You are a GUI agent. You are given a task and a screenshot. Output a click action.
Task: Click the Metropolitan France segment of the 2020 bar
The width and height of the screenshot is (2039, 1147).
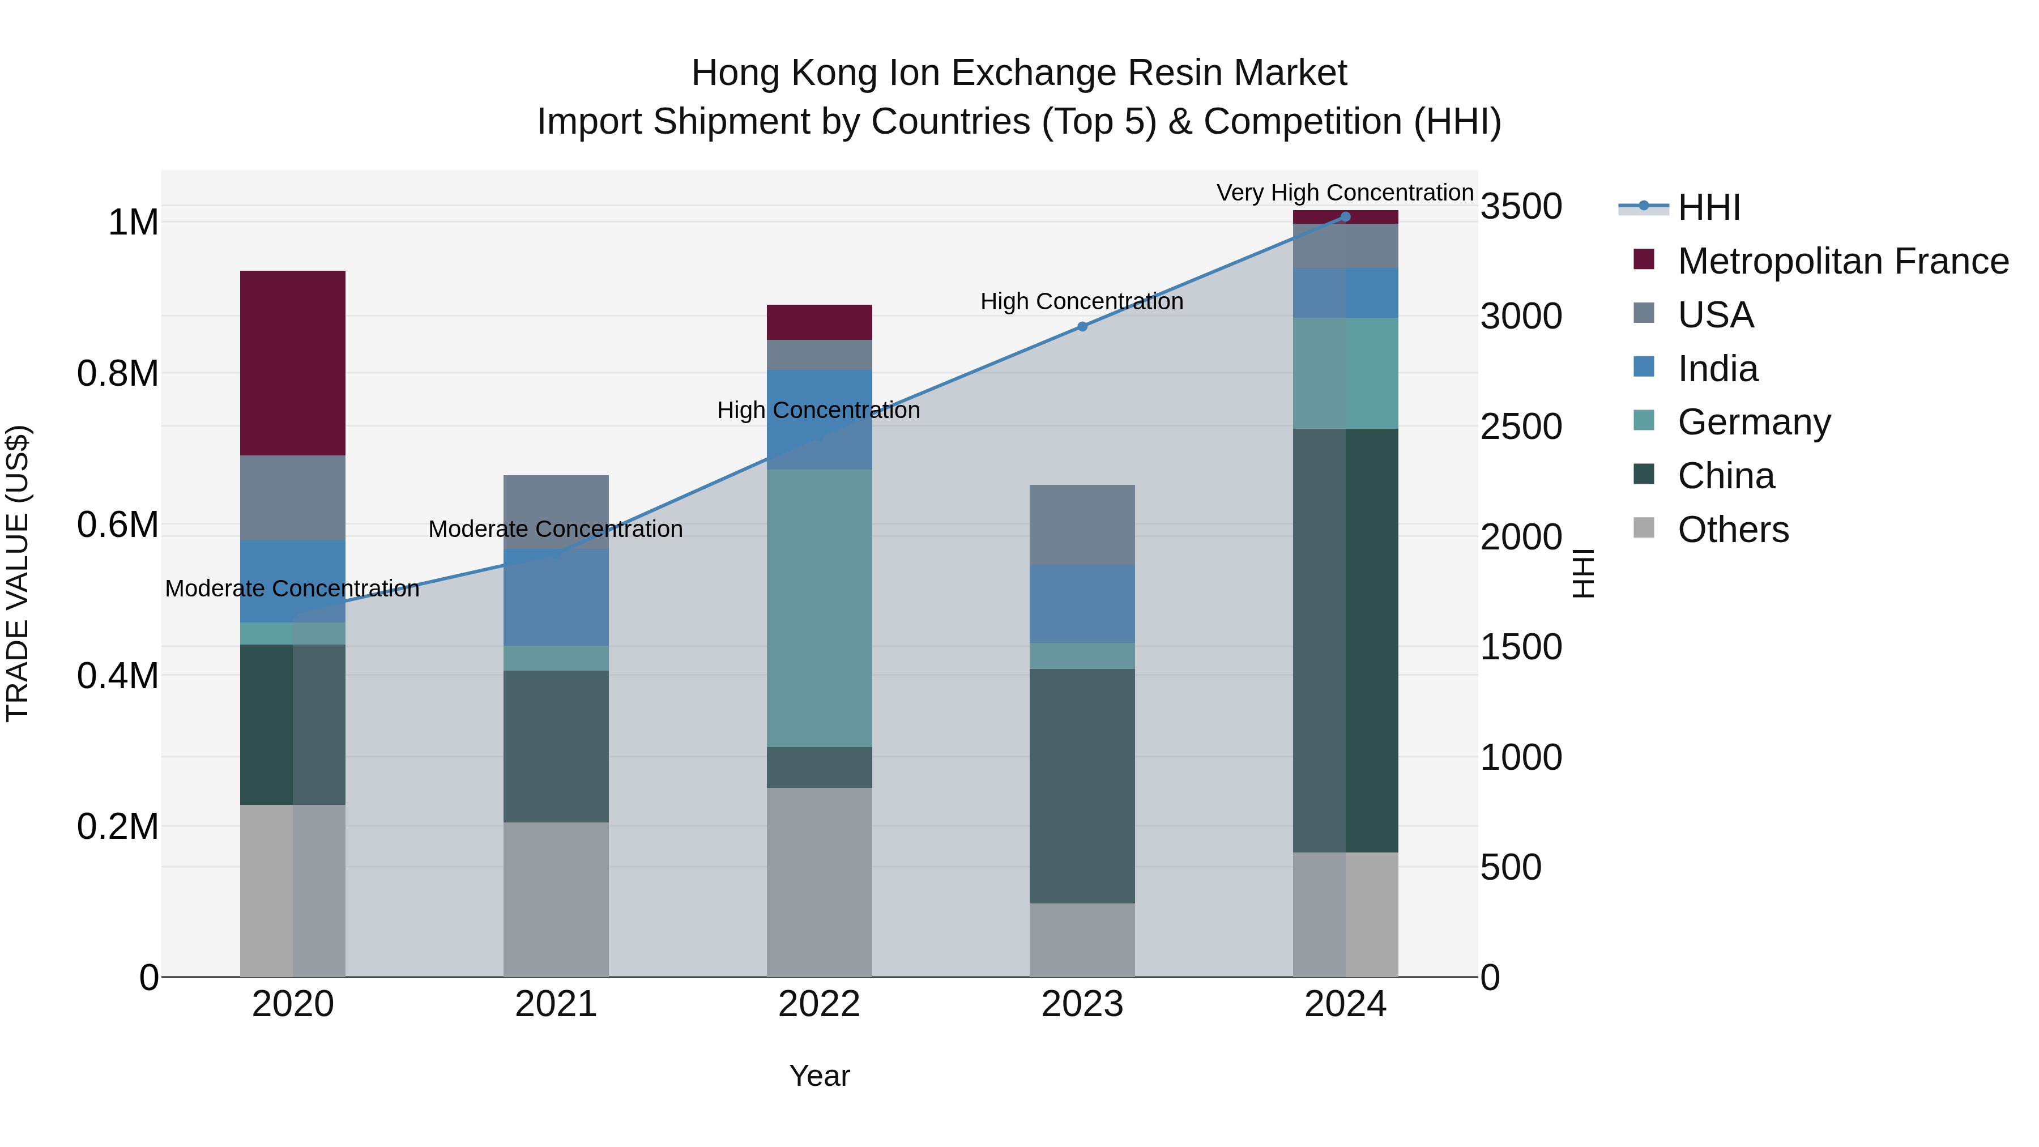[x=293, y=363]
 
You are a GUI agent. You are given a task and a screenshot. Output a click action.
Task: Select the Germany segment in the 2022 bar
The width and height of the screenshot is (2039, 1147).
[x=819, y=608]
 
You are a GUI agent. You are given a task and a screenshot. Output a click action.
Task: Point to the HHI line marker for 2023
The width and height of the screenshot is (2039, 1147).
[x=1082, y=326]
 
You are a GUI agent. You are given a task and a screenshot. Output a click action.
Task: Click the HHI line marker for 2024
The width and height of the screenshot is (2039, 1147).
[x=1345, y=217]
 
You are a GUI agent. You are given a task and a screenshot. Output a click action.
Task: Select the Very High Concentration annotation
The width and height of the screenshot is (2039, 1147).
[x=1344, y=193]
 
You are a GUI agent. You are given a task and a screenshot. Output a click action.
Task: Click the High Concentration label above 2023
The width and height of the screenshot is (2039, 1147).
[x=1081, y=301]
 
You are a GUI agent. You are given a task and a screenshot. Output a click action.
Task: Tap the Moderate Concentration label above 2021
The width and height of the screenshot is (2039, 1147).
[x=555, y=529]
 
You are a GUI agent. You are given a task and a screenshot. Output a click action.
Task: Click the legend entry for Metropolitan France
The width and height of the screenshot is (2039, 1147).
[x=1842, y=261]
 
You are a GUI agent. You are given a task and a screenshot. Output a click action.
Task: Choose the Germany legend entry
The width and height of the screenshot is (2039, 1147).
[x=1754, y=422]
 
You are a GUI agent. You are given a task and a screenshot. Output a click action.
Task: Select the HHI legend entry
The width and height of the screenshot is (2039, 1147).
[x=1708, y=207]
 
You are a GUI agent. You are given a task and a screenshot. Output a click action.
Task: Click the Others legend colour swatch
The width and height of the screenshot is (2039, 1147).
[x=1643, y=528]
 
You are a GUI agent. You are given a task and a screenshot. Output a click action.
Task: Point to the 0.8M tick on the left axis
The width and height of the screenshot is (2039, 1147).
[x=118, y=374]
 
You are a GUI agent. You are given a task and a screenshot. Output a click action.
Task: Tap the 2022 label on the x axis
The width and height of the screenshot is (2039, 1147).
[x=819, y=1004]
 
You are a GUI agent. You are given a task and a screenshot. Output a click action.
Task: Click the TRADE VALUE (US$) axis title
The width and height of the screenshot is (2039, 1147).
[x=18, y=573]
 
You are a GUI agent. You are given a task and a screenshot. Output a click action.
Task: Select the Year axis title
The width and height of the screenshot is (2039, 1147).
[x=819, y=1076]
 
